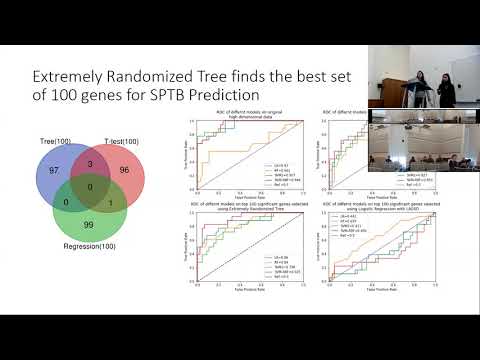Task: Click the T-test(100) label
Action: tap(118, 141)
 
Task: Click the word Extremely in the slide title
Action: tap(69, 77)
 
